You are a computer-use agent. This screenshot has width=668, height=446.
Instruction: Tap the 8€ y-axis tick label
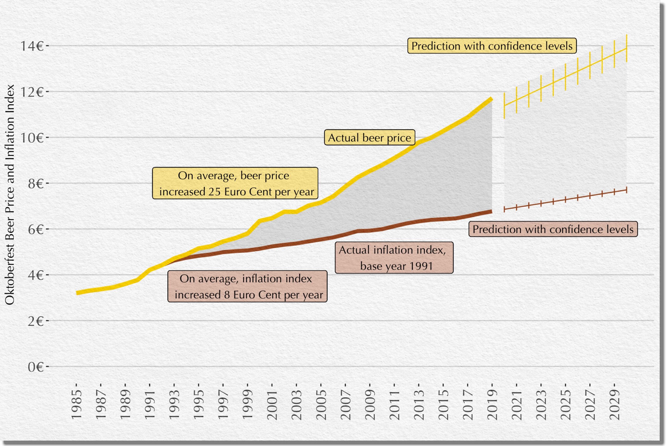coord(35,184)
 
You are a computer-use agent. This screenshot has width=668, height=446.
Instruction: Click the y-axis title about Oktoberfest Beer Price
coord(10,195)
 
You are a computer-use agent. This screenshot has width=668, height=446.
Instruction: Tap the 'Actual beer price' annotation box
coord(369,138)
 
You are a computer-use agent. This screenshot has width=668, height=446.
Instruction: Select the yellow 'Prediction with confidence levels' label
coord(492,46)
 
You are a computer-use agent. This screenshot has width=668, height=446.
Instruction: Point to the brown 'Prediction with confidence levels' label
coord(553,229)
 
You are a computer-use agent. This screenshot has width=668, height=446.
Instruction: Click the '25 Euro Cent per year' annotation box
coord(235,183)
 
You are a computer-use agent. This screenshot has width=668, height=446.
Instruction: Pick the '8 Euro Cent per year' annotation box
coord(247,286)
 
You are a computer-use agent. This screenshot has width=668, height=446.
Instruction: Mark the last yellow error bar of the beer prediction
coord(626,48)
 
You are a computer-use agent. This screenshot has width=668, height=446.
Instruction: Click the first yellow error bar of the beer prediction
coord(504,106)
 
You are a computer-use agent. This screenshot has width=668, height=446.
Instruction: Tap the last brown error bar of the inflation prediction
coord(626,190)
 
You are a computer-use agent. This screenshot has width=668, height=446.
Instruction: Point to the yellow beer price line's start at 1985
coord(77,293)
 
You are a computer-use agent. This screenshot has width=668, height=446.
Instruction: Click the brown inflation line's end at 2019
coord(491,211)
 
